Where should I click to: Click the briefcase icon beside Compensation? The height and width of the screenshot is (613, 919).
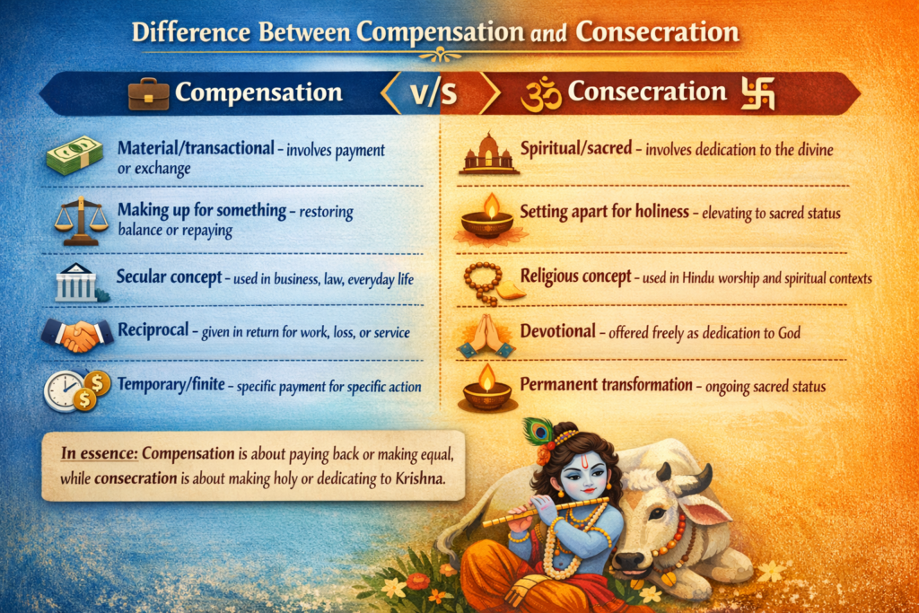(x=148, y=93)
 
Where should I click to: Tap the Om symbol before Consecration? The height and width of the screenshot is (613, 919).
(x=541, y=95)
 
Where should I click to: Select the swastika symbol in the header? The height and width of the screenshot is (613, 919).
(x=757, y=93)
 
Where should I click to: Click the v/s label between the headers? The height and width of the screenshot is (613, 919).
(x=433, y=93)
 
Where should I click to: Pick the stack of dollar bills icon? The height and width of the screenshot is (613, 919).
(x=75, y=155)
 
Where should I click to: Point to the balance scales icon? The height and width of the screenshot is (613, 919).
(x=82, y=221)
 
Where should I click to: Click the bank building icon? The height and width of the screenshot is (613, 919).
(x=78, y=283)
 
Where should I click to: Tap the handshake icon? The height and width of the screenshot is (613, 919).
(x=77, y=335)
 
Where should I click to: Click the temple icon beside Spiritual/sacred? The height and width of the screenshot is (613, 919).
(x=489, y=153)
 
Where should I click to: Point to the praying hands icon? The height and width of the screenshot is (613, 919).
(x=486, y=336)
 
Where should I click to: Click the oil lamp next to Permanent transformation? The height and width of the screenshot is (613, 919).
(x=486, y=389)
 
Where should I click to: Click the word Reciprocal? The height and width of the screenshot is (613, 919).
(x=153, y=330)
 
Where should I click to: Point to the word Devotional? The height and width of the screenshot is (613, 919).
(x=558, y=332)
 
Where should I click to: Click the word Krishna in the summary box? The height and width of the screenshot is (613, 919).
(x=420, y=478)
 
